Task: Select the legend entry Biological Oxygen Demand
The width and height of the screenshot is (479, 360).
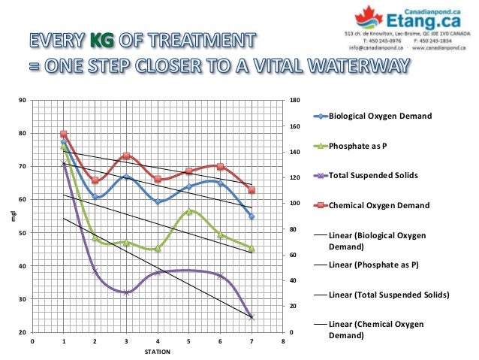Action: click(x=380, y=116)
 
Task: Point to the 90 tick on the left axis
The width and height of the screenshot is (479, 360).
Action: click(x=23, y=100)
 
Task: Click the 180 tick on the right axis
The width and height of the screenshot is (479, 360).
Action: click(x=294, y=100)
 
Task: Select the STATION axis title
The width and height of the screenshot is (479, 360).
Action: click(x=158, y=352)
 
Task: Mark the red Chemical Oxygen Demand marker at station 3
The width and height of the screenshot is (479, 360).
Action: click(x=126, y=156)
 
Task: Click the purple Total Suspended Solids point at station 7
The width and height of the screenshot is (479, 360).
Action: click(x=252, y=317)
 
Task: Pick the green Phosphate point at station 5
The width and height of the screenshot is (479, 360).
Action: click(x=189, y=211)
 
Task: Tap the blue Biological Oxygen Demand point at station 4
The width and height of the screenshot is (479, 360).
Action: click(x=158, y=201)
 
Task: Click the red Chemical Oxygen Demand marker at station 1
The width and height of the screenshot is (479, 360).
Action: click(x=64, y=134)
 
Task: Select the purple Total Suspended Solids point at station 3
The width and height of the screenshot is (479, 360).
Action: click(x=126, y=292)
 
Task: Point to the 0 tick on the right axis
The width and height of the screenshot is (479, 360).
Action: click(x=292, y=332)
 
